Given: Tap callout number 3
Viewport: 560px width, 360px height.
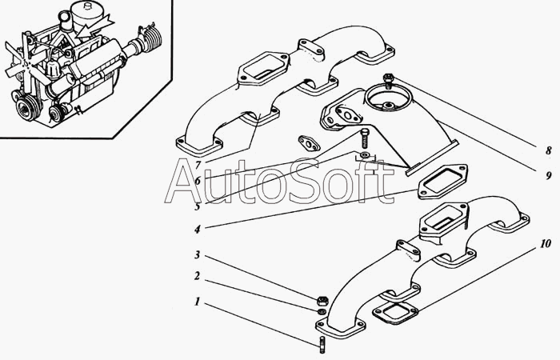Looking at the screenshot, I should (197, 256).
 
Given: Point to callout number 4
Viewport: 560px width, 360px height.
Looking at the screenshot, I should (197, 228).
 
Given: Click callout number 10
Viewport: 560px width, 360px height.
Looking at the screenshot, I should (545, 242).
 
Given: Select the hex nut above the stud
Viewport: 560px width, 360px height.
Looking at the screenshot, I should (320, 300).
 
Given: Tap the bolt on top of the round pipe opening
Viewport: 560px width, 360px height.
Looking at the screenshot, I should (387, 80).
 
